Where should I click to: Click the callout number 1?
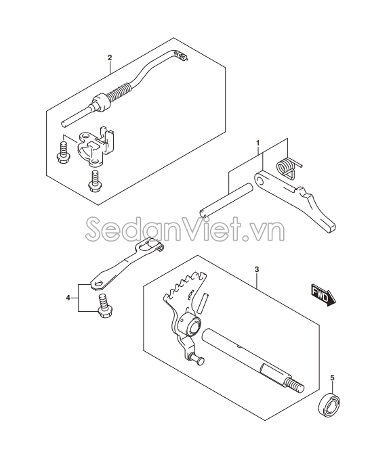[x=257, y=143]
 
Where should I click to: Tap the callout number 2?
[x=109, y=58]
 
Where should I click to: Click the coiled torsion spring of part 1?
[x=288, y=164]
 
